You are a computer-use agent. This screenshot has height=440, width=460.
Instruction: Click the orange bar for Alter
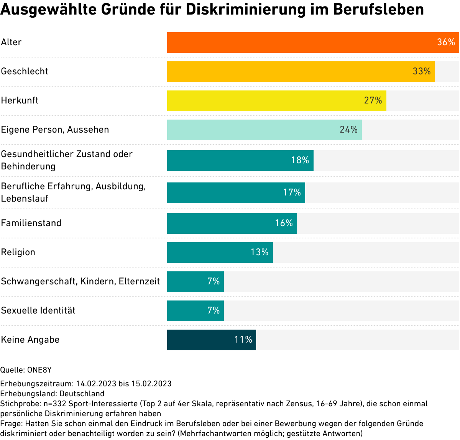click(299, 43)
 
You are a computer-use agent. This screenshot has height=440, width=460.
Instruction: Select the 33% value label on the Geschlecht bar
click(421, 71)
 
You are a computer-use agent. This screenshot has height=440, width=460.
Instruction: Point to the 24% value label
click(348, 130)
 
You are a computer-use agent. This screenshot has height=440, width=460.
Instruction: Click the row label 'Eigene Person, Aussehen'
click(55, 130)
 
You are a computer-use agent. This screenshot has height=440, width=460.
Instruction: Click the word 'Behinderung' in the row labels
click(28, 166)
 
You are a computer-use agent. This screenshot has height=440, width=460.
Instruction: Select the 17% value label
click(292, 192)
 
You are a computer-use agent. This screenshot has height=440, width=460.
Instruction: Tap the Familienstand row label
click(31, 223)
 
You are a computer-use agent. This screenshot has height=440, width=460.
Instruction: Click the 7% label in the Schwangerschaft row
click(213, 281)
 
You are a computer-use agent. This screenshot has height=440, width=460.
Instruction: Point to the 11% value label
click(243, 340)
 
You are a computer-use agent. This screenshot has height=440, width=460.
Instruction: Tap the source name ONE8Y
click(39, 370)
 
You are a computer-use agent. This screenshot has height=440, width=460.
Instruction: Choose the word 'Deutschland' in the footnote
click(82, 394)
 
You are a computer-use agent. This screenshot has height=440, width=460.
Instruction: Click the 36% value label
click(446, 42)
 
